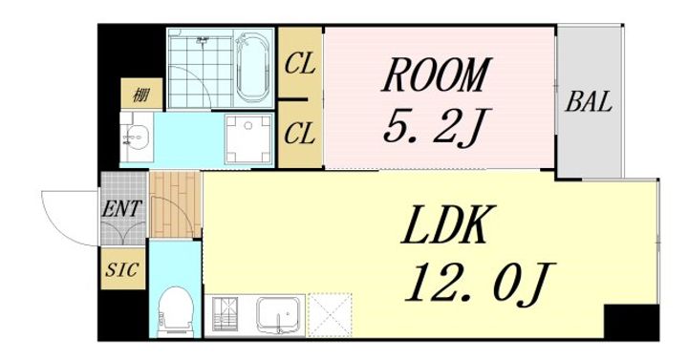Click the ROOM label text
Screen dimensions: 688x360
(x=436, y=75)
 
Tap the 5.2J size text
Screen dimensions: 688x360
(x=436, y=126)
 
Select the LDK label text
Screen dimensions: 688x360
(x=448, y=224)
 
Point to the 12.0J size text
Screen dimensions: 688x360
(x=480, y=283)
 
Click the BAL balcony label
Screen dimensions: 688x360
(x=589, y=102)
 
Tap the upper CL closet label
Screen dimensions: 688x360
(x=300, y=65)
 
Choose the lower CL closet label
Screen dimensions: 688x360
(x=300, y=134)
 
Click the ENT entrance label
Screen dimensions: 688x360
(x=122, y=209)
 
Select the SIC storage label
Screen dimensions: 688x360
(x=122, y=269)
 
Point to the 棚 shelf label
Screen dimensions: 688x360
(x=141, y=95)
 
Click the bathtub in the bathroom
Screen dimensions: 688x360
(x=252, y=69)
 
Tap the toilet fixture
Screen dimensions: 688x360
(x=176, y=311)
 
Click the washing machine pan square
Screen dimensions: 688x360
(x=248, y=138)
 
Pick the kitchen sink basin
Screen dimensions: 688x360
(x=279, y=312)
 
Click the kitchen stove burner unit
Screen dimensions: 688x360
(x=226, y=313)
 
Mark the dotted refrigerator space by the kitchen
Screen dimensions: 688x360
(x=331, y=315)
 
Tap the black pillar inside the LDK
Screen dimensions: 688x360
(x=632, y=322)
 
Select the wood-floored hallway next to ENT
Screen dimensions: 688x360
(x=176, y=204)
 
